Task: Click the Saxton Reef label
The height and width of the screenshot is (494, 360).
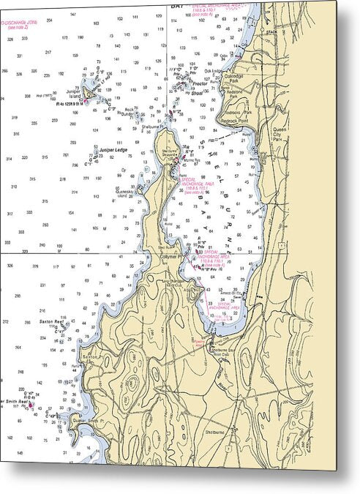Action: pyautogui.click(x=49, y=322)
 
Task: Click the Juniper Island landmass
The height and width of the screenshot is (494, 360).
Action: pyautogui.click(x=91, y=93)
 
